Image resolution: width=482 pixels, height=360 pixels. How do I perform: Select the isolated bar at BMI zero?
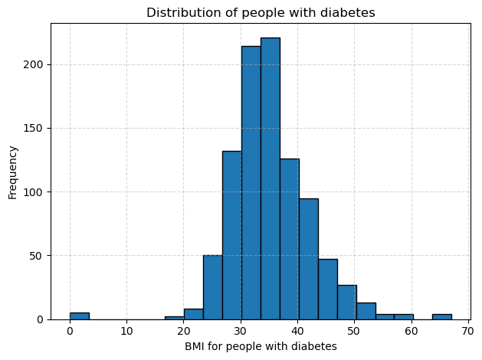[79, 316]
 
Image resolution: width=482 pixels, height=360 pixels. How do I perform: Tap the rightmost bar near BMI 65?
[441, 316]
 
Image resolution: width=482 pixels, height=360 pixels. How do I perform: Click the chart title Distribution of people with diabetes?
[261, 12]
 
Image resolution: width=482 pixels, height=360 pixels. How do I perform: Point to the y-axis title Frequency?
[12, 172]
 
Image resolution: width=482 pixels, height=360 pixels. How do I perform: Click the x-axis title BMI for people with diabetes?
[261, 346]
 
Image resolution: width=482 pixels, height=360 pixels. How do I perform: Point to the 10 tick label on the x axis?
[126, 331]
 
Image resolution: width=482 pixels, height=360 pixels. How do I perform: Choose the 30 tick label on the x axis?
[241, 331]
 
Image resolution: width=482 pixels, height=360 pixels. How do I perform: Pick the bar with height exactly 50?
[212, 287]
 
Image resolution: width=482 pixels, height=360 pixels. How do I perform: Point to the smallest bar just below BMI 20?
[174, 317]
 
